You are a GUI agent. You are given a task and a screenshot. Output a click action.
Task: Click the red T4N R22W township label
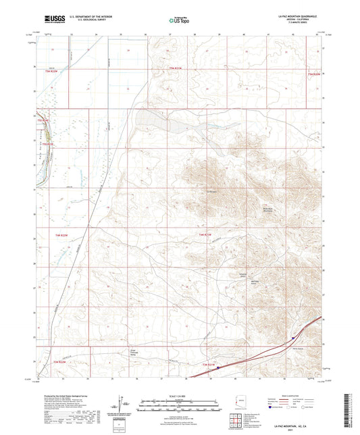point(61,234)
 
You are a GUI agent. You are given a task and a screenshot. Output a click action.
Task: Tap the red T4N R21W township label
point(205,234)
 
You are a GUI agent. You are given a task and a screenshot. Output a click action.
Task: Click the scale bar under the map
point(180,403)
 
